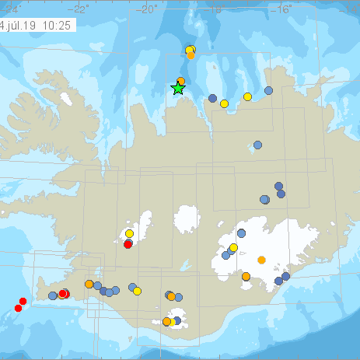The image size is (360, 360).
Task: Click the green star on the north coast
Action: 178,89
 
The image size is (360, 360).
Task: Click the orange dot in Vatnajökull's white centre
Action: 261,259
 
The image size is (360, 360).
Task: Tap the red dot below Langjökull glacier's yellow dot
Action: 128,244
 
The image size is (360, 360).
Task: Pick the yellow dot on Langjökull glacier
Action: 130,233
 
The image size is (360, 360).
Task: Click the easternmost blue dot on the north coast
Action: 268,90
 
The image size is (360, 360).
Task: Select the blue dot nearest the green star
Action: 212,98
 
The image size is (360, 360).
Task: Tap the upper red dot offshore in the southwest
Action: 23,301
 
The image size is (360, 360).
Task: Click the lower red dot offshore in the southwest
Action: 18,309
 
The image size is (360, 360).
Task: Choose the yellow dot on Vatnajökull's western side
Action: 233,247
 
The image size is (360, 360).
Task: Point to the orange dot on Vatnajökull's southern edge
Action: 246,276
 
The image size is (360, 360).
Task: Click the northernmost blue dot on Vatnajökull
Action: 242,232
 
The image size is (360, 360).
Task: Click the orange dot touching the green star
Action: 180,81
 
